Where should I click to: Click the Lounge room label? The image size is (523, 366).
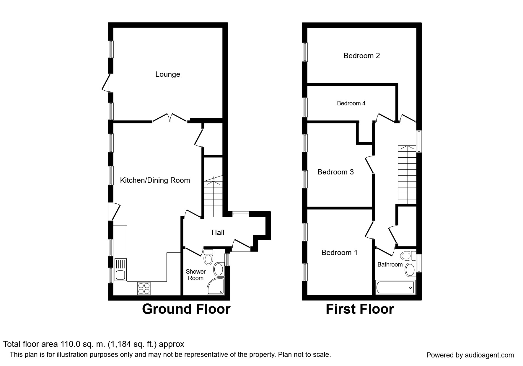pyautogui.click(x=168, y=74)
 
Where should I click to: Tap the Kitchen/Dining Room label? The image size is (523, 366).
pyautogui.click(x=155, y=180)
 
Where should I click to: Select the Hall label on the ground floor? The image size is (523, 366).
pyautogui.click(x=218, y=233)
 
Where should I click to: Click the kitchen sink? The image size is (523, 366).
pyautogui.click(x=120, y=269)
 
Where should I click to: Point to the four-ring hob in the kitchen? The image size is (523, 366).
pyautogui.click(x=144, y=288)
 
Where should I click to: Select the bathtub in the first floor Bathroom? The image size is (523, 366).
pyautogui.click(x=395, y=287)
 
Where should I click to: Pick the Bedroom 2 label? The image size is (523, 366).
pyautogui.click(x=361, y=56)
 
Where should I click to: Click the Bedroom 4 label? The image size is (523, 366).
pyautogui.click(x=351, y=103)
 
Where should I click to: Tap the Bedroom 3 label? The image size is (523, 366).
pyautogui.click(x=335, y=172)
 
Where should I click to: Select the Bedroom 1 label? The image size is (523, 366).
pyautogui.click(x=339, y=253)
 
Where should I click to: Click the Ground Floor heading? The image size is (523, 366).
pyautogui.click(x=186, y=309)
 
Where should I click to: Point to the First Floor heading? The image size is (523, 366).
pyautogui.click(x=360, y=309)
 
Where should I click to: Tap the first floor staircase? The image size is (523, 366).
pyautogui.click(x=407, y=174)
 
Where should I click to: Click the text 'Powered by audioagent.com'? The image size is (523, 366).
pyautogui.click(x=470, y=355)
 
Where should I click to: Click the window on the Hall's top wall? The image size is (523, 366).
pyautogui.click(x=240, y=214)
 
